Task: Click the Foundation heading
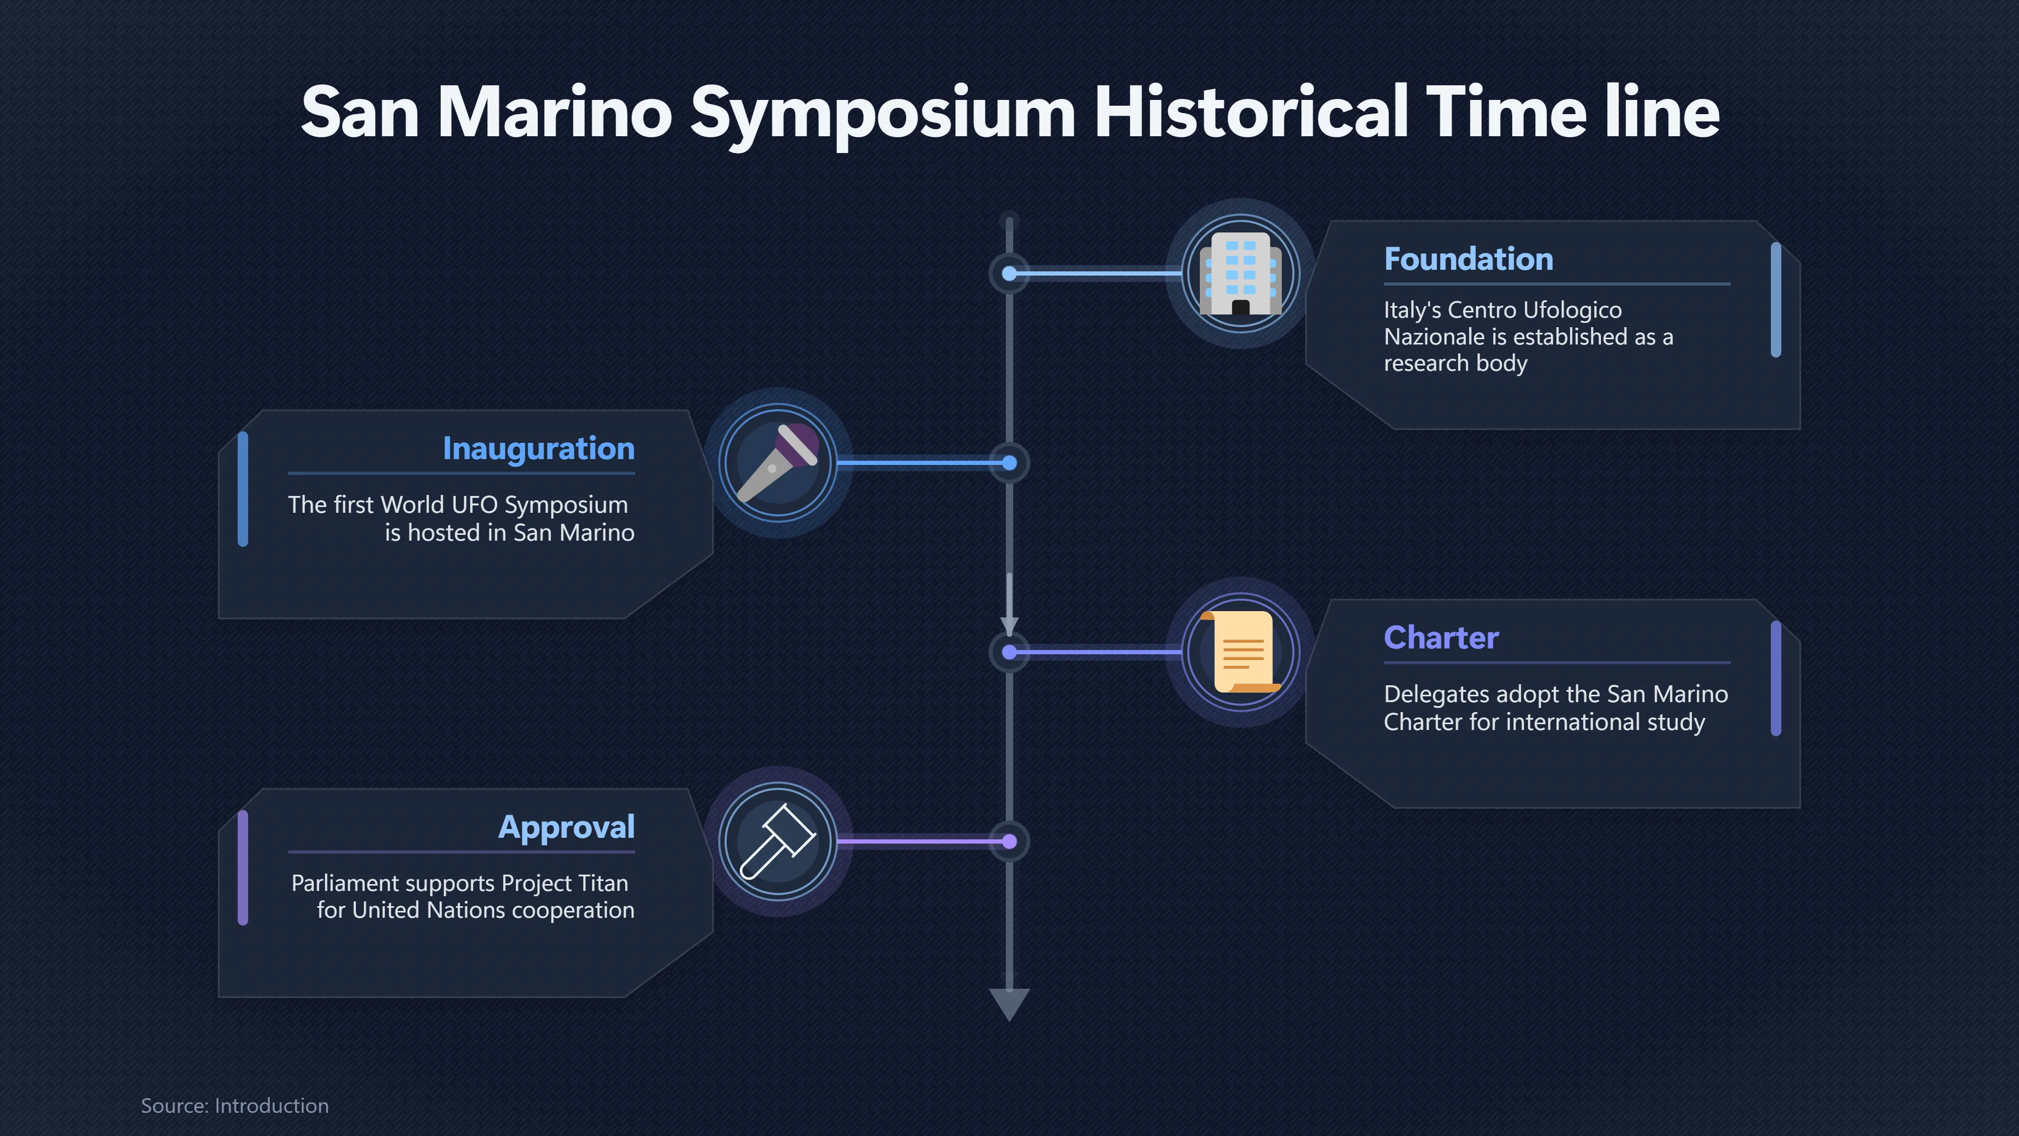[1468, 259]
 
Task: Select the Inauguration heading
[538, 449]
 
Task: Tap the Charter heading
[1441, 637]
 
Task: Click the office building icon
[1241, 273]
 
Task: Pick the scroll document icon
[1241, 652]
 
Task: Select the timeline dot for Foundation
[1009, 273]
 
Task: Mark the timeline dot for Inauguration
[1009, 463]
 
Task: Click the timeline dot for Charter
[1009, 652]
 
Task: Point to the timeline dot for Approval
[1009, 842]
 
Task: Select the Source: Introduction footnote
[235, 1105]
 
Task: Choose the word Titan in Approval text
[604, 884]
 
